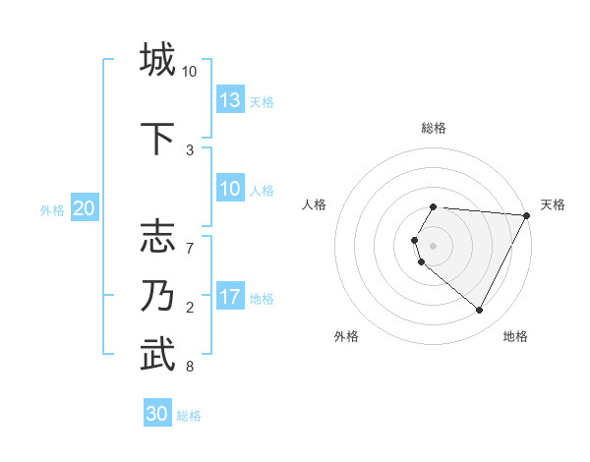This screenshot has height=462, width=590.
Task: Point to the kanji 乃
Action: coord(157,296)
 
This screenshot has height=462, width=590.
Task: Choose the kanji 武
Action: coord(157,355)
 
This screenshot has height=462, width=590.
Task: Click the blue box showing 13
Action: coord(230,100)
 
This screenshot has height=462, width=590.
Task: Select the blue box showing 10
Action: coord(230,189)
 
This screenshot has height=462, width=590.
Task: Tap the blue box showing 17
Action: coord(230,297)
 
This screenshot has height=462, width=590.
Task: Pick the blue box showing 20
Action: coord(85,208)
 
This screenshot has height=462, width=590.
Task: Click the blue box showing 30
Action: coord(157,414)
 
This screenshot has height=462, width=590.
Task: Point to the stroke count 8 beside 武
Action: coord(189,368)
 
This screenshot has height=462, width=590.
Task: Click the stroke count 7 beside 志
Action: coord(189,239)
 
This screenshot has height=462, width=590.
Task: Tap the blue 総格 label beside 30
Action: coord(190,416)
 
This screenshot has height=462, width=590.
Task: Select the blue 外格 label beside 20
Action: coord(52,209)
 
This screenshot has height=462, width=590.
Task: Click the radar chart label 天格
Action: coord(553,204)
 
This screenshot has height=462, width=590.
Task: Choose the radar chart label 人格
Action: coord(315,204)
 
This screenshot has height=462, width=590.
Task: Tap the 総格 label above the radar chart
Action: coord(434,128)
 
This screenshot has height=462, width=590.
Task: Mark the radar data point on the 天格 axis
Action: coord(527,215)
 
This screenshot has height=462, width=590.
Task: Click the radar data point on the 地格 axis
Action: coord(480,311)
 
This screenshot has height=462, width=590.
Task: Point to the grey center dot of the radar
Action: coord(434,245)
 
